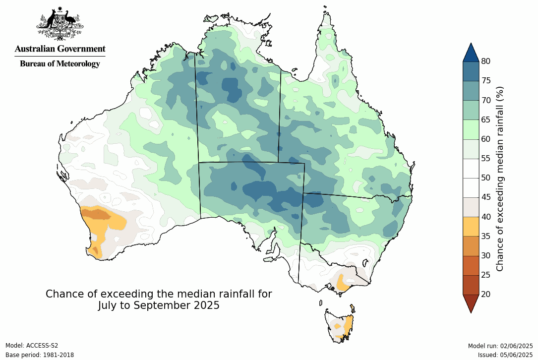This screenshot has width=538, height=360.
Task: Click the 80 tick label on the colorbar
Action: (x=485, y=61)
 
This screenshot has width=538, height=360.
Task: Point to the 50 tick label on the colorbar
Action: (x=485, y=178)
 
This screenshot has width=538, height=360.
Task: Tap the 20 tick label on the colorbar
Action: (x=485, y=294)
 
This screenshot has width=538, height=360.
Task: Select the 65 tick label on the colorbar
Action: (x=485, y=120)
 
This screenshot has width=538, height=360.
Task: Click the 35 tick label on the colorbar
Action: (x=485, y=236)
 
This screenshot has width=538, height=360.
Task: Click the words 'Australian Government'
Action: (x=60, y=49)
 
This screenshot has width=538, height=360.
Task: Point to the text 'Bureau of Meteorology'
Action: (x=60, y=63)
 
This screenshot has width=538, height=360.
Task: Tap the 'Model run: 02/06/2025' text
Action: (x=500, y=346)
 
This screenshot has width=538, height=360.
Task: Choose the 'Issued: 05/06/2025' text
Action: (x=505, y=355)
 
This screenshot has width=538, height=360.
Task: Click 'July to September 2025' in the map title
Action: (x=159, y=305)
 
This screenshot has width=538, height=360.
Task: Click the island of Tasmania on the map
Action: (x=340, y=325)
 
